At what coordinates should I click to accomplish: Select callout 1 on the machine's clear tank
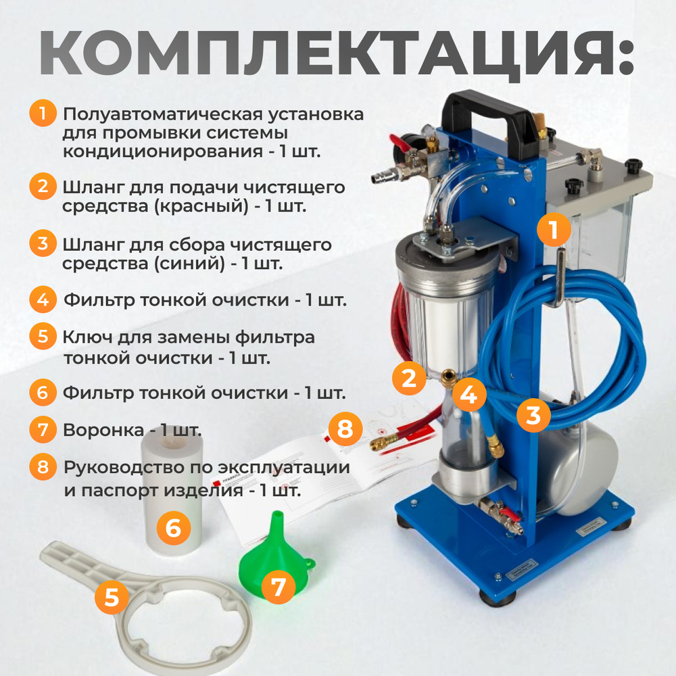coord(554,232)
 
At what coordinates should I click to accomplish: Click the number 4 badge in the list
coord(43,299)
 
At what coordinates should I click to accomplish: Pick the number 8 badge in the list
coord(43,466)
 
